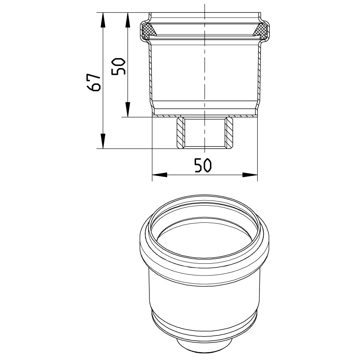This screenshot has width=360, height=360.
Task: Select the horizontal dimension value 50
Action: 203,165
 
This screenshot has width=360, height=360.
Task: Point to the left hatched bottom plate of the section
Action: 166,116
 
